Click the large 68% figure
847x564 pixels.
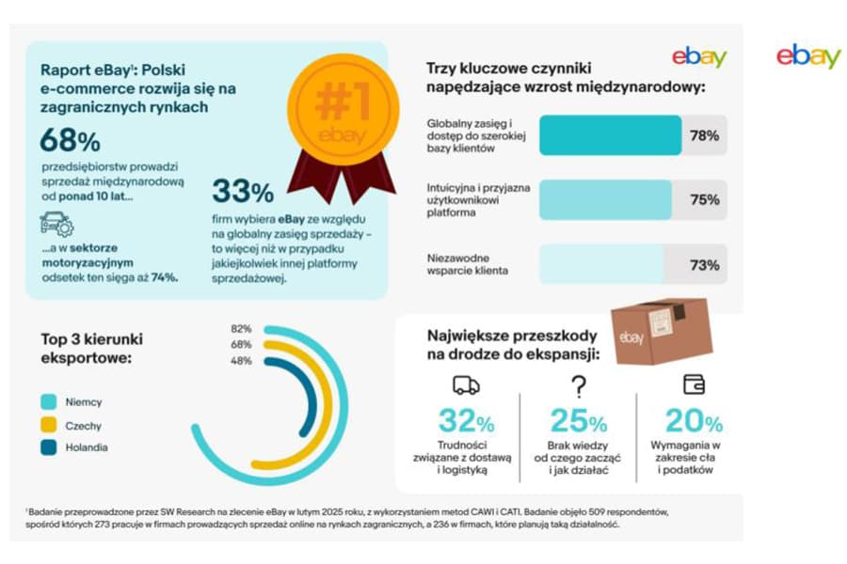[x=70, y=141]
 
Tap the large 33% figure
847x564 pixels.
[x=243, y=191]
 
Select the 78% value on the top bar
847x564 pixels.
[x=704, y=135]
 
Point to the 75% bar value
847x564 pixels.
[x=704, y=199]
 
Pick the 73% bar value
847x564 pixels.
[x=704, y=265]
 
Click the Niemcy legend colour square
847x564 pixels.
[x=49, y=401]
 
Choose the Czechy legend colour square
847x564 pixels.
[x=49, y=425]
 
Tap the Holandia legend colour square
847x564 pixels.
[x=49, y=447]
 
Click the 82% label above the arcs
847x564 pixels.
[x=241, y=329]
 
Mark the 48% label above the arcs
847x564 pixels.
[x=241, y=360]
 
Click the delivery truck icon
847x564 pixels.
[x=466, y=384]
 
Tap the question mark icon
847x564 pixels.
[x=579, y=385]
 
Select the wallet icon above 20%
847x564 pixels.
[x=694, y=384]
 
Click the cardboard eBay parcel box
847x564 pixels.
[x=658, y=331]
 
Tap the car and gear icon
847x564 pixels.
[x=56, y=225]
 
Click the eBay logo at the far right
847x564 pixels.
[x=807, y=55]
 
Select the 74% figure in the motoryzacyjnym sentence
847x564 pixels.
[x=165, y=278]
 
